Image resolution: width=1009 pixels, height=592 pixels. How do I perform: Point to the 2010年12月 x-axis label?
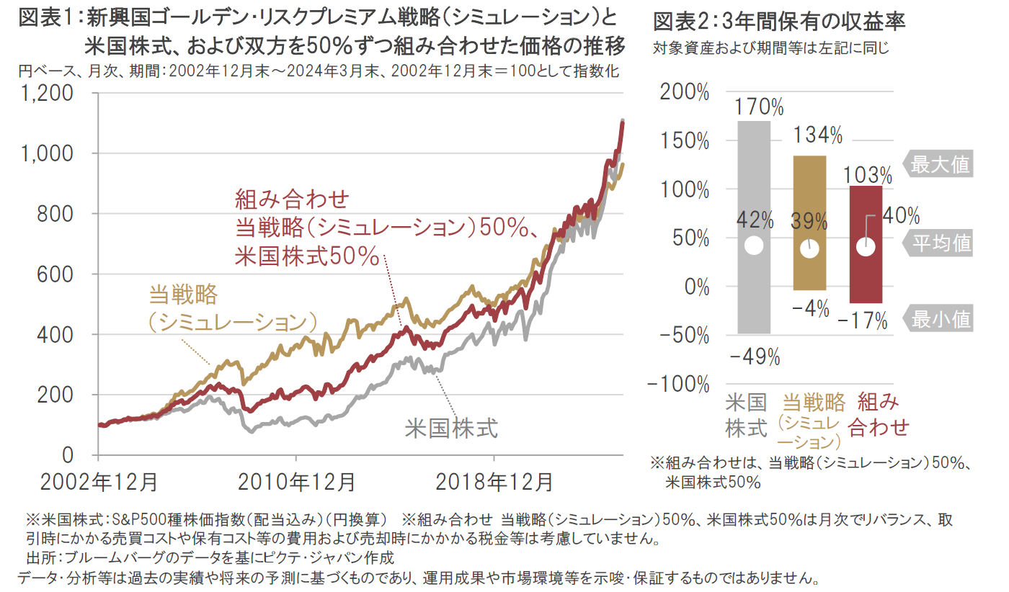(x=297, y=481)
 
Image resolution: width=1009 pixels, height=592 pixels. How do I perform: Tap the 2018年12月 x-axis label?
(x=495, y=481)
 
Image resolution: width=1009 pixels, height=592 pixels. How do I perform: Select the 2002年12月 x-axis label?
(x=99, y=481)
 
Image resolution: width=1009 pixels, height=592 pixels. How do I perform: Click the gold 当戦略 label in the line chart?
(x=183, y=295)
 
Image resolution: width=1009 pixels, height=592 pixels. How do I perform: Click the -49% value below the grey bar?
(x=754, y=356)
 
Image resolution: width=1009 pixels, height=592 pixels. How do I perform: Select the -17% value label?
(x=863, y=321)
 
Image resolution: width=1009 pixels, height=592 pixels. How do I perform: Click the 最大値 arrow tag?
(x=938, y=165)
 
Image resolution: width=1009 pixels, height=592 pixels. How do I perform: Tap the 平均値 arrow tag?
(x=938, y=244)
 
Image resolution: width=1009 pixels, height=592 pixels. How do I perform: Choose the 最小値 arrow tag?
(x=938, y=318)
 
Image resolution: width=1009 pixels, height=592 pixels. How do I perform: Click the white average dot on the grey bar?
(x=754, y=245)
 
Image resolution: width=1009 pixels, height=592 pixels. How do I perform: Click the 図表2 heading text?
(x=779, y=22)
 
